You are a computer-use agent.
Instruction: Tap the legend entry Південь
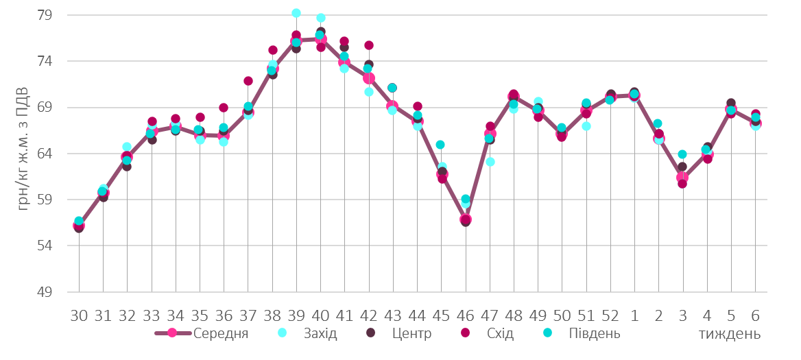(x=594, y=334)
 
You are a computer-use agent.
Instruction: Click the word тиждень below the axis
(x=730, y=335)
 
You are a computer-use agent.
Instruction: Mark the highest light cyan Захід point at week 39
(x=296, y=13)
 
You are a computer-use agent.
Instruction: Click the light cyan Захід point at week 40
(x=321, y=18)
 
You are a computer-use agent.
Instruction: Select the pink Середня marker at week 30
(x=79, y=226)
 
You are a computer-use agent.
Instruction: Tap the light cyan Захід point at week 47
(x=490, y=162)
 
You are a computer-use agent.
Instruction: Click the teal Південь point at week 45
(x=440, y=145)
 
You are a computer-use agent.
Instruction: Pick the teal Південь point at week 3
(x=682, y=154)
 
